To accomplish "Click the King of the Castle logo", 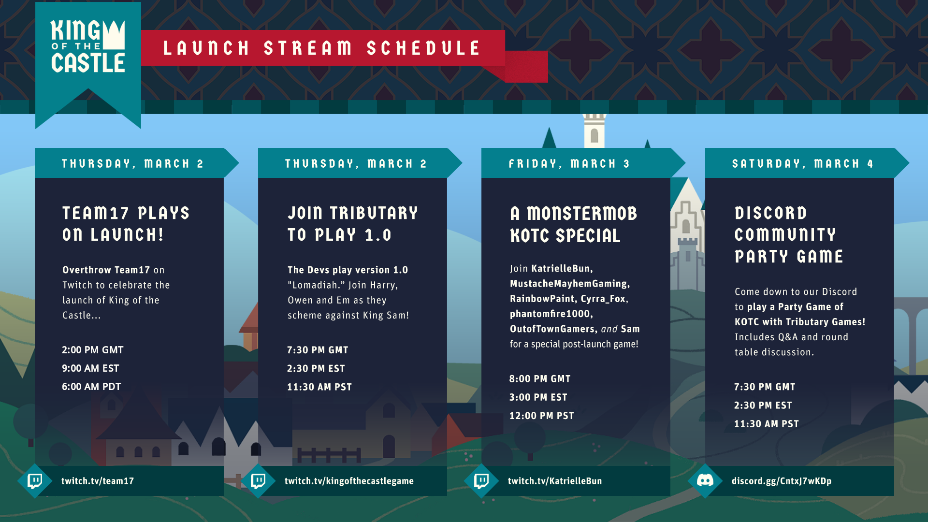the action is click(88, 46).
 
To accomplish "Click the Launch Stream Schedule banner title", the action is click(321, 48).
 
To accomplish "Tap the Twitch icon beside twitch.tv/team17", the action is click(35, 481).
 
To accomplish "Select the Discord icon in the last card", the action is click(705, 480).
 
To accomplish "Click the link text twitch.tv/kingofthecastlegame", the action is click(349, 481).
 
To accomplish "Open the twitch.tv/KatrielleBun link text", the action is click(555, 481).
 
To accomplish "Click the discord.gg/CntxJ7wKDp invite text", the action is click(782, 481).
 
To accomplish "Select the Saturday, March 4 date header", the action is click(803, 164).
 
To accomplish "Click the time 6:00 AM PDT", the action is click(91, 387).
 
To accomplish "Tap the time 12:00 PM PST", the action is click(541, 416).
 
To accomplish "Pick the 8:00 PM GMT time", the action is click(540, 379).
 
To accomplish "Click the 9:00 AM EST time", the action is click(90, 368).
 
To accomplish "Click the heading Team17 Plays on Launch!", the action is click(126, 224).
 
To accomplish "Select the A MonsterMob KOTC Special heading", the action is click(574, 224).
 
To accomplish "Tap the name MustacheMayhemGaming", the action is click(569, 284).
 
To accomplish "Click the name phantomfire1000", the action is click(550, 314).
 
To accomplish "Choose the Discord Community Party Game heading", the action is click(789, 234).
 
